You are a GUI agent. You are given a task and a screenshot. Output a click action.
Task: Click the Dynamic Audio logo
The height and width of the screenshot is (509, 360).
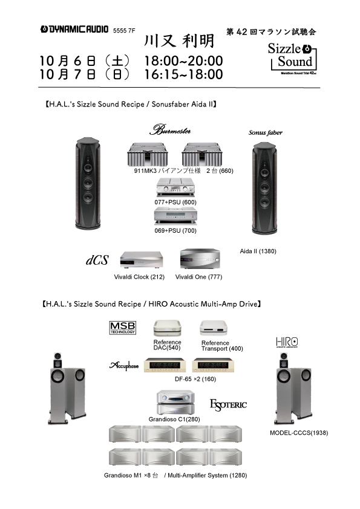tap(74, 29)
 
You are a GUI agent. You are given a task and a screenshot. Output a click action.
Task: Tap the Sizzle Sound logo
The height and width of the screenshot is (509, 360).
tap(292, 59)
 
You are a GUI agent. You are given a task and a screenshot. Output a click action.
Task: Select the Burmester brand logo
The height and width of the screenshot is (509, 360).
tap(170, 129)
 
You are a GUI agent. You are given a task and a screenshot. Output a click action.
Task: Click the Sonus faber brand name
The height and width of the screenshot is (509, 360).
tap(266, 132)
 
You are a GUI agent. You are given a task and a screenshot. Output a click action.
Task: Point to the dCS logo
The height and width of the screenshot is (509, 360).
tap(97, 260)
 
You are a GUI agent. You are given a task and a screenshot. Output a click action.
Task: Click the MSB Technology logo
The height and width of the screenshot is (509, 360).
tap(122, 328)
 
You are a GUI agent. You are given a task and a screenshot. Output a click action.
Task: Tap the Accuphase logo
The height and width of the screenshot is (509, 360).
tap(124, 366)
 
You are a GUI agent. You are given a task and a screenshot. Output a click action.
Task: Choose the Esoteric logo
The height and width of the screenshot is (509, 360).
tap(228, 405)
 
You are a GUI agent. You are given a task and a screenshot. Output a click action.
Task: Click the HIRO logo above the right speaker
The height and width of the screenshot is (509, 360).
tap(287, 342)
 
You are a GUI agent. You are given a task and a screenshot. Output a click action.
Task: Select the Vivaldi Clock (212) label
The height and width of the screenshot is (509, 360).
tap(139, 277)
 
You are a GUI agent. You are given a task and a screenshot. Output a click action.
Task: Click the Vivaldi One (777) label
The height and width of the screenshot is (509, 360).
tap(199, 277)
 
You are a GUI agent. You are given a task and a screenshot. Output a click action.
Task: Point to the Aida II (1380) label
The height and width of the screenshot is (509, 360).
tap(258, 251)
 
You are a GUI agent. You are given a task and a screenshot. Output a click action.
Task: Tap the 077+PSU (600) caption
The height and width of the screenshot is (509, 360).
tap(175, 203)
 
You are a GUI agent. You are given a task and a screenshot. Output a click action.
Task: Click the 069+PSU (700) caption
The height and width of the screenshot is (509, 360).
tap(175, 231)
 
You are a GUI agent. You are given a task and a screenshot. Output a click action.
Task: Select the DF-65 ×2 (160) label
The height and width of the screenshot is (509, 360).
tap(195, 379)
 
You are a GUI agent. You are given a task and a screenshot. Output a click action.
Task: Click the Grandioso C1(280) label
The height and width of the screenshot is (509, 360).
tap(174, 420)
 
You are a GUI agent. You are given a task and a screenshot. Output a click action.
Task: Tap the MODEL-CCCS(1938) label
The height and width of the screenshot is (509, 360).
tap(299, 433)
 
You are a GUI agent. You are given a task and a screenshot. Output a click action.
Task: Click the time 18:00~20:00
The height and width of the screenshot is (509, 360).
tap(183, 60)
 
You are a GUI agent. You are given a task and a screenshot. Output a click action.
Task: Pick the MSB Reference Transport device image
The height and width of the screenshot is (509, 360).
tap(214, 328)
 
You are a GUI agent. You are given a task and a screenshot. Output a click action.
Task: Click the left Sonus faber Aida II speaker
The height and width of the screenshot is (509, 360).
tap(88, 183)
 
